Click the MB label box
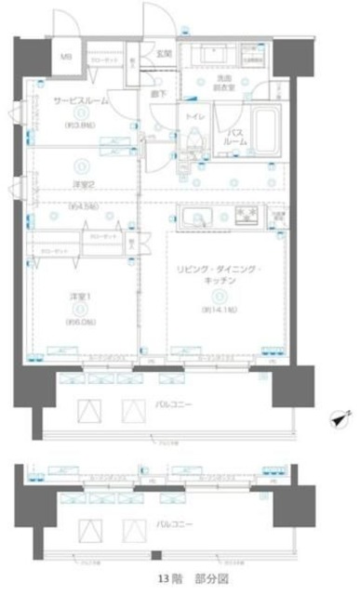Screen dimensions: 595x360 coord(65,57)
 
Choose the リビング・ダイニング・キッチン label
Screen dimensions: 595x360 coord(220,276)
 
